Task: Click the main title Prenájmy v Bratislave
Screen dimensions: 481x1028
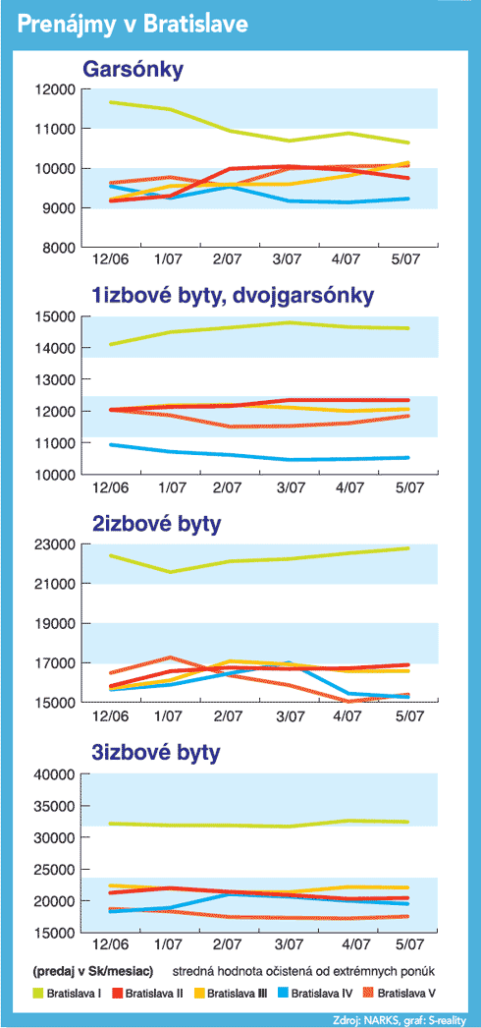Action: coord(133,25)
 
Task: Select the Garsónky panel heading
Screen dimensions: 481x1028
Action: coord(131,70)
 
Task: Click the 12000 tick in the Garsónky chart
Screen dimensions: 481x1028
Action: coord(57,88)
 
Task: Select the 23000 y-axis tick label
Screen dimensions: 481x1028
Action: coord(57,544)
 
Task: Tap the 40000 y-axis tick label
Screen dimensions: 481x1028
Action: coord(57,774)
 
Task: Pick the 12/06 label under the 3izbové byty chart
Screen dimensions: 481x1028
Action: coord(110,944)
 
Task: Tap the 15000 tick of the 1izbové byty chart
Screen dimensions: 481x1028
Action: coord(57,317)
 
